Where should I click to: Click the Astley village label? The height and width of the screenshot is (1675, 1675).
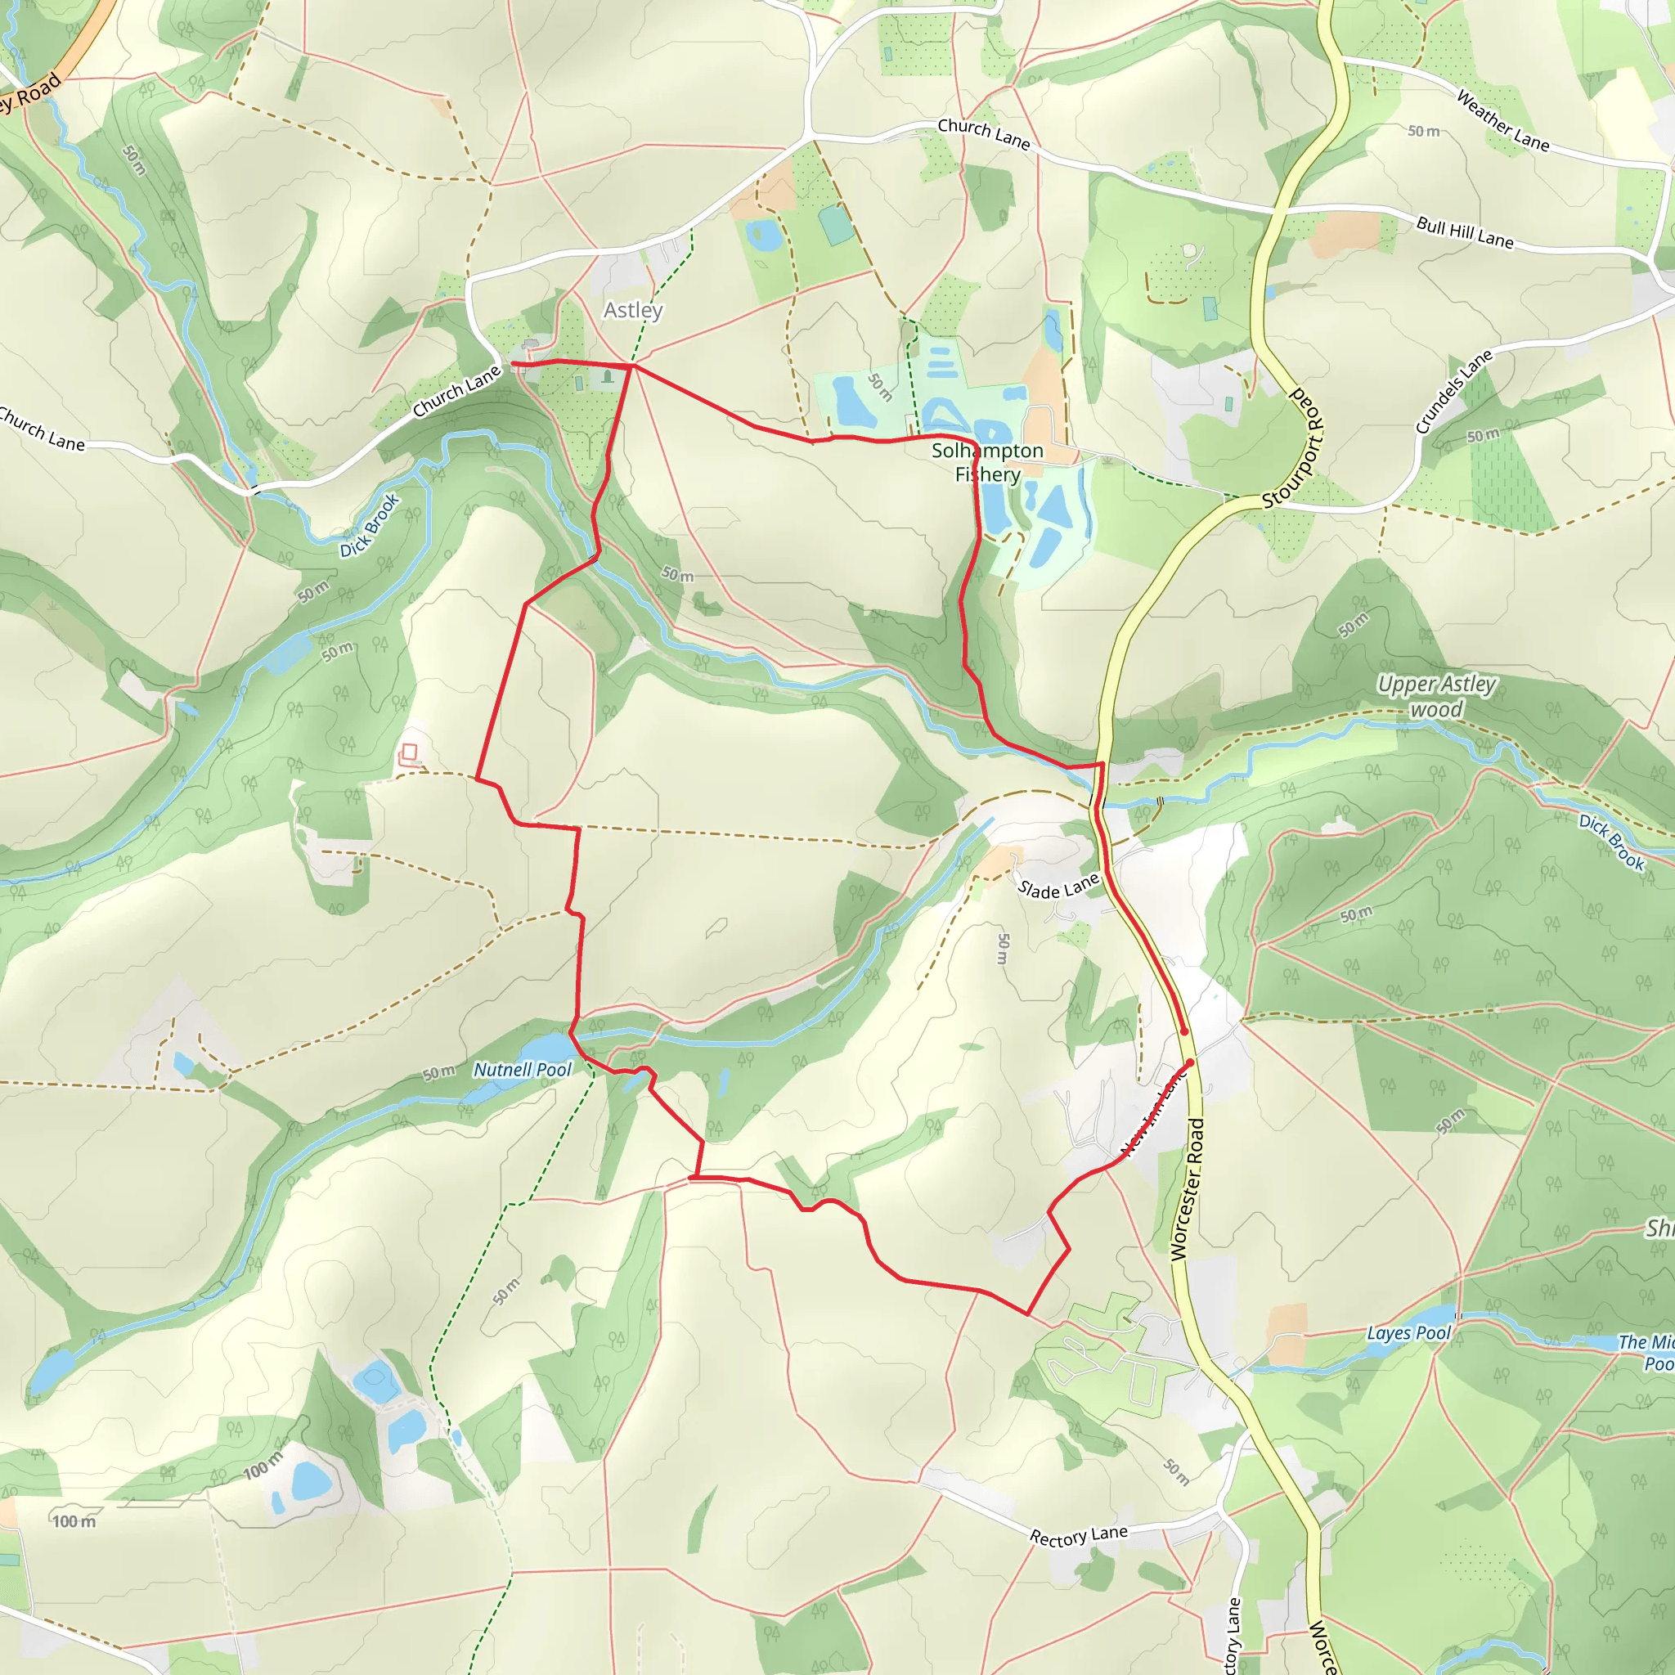click(x=633, y=310)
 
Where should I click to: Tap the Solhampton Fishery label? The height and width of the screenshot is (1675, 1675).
click(x=987, y=462)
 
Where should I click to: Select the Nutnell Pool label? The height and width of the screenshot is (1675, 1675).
click(x=522, y=1070)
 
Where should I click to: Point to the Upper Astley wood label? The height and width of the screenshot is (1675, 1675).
click(x=1436, y=697)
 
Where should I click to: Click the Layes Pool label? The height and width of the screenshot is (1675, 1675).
click(x=1409, y=1332)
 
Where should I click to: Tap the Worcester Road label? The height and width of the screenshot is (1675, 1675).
click(x=1187, y=1189)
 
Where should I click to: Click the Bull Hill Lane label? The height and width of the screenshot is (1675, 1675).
click(x=1464, y=232)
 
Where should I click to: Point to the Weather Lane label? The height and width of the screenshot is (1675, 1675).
click(x=1502, y=120)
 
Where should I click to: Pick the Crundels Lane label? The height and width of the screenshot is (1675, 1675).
click(x=1454, y=391)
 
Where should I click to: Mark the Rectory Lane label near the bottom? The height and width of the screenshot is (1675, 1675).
click(x=1079, y=1536)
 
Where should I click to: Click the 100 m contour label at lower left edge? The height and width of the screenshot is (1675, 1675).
click(x=74, y=1521)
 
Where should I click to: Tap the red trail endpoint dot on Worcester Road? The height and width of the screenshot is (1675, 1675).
click(x=1184, y=1031)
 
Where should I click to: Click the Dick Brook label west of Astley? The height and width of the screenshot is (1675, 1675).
click(x=370, y=525)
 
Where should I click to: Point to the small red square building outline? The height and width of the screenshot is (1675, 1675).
click(x=409, y=752)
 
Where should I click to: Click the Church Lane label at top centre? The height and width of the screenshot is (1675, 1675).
click(x=983, y=133)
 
